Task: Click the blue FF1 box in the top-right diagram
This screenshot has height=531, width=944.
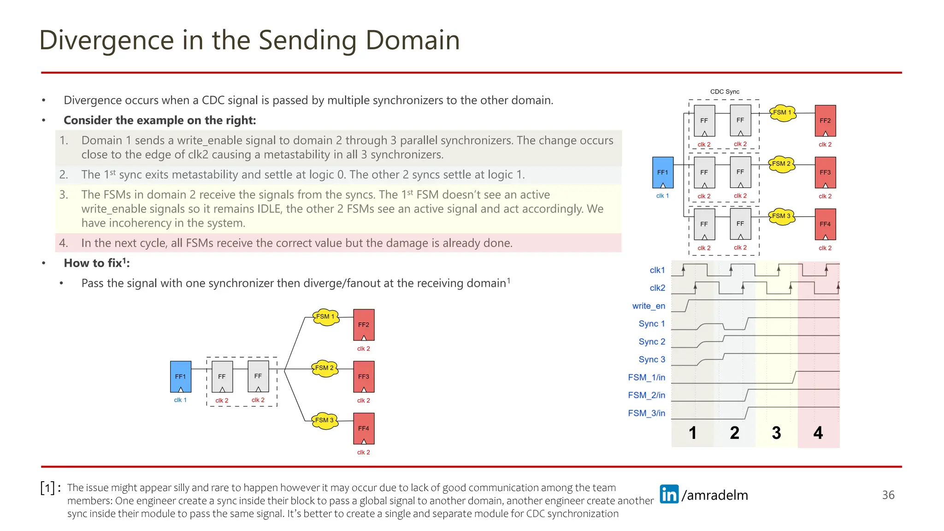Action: click(662, 172)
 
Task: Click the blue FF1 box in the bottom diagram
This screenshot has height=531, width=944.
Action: click(180, 376)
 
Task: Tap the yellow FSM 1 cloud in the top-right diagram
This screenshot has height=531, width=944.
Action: click(782, 112)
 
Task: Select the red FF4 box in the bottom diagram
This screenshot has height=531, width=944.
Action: click(363, 428)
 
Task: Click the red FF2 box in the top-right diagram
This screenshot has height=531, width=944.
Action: click(825, 120)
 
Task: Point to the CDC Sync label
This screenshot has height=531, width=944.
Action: click(724, 92)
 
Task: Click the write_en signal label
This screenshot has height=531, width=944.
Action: click(648, 306)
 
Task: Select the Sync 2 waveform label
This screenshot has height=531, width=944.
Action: click(651, 342)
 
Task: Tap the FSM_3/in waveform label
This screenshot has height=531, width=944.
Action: click(646, 413)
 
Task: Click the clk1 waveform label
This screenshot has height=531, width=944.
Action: click(657, 270)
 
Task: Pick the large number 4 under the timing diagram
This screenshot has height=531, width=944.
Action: click(818, 433)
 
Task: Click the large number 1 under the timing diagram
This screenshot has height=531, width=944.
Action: click(692, 433)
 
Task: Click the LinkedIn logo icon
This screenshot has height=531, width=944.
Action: click(669, 494)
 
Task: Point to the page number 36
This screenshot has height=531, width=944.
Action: click(888, 495)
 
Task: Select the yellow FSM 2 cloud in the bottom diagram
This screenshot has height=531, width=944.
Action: click(325, 368)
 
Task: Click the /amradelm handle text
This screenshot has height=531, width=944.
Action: click(715, 495)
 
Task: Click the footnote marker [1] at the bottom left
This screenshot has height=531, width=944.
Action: click(48, 488)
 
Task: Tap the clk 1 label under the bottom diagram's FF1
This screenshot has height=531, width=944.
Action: click(180, 400)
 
